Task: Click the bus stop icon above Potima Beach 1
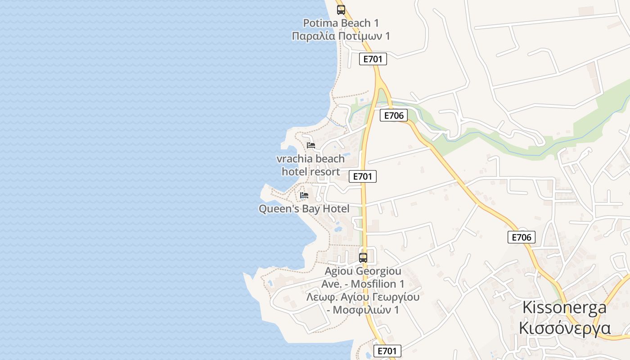click(341, 9)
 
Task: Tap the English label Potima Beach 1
click(341, 23)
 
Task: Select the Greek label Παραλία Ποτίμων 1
click(341, 36)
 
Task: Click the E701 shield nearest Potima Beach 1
click(373, 59)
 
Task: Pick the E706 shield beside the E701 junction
click(394, 115)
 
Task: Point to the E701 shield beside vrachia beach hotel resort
click(363, 176)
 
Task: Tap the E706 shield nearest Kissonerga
click(522, 237)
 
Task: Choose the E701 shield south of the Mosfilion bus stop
click(387, 351)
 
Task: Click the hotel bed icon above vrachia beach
click(311, 145)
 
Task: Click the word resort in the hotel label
click(325, 171)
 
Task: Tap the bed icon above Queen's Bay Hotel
click(304, 195)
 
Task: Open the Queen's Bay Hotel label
click(304, 209)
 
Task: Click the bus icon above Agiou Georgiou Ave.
click(363, 258)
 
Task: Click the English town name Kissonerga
click(564, 308)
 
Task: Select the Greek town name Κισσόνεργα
click(564, 328)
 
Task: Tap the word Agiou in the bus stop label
click(339, 271)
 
